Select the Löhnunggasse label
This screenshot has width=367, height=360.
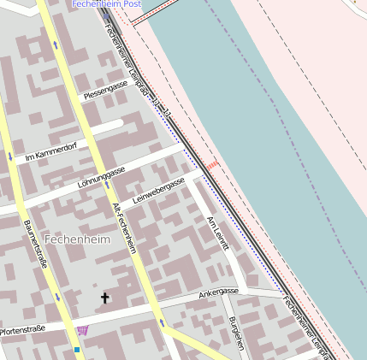(x=101, y=178)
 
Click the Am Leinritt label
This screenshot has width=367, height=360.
(x=218, y=233)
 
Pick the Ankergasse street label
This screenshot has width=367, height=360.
(x=218, y=292)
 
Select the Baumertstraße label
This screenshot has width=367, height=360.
(x=35, y=249)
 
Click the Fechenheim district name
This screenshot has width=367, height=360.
(x=78, y=239)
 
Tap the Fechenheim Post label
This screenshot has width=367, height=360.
(x=106, y=4)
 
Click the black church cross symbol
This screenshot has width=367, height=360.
(x=106, y=298)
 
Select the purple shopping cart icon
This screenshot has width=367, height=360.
(x=82, y=330)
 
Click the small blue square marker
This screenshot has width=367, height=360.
(x=77, y=349)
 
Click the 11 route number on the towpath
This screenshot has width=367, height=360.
(x=167, y=112)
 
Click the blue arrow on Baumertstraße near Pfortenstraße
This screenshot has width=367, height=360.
(x=56, y=296)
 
